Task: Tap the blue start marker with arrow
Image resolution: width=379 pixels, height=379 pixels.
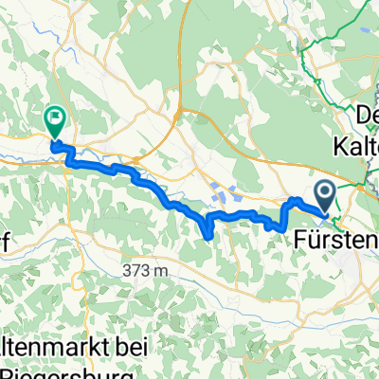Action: pos(326,196)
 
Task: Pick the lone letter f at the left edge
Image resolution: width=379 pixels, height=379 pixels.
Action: pos(5,242)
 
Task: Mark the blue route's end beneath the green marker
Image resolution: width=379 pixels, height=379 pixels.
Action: pos(53,143)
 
